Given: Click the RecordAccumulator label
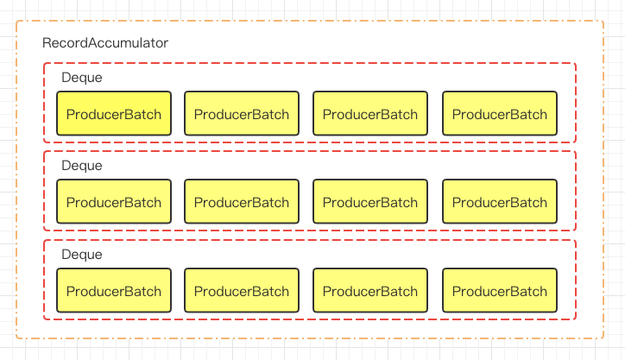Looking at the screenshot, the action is (105, 42).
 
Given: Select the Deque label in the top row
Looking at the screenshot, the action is (82, 78).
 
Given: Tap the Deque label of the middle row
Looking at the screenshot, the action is (82, 166).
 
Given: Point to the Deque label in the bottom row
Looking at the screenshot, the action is (82, 255).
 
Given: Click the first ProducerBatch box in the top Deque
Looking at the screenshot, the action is (114, 114).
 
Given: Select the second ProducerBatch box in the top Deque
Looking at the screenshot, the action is (242, 114).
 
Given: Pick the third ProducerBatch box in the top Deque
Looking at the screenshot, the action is (370, 114).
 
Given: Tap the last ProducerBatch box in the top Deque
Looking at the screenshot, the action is (500, 114).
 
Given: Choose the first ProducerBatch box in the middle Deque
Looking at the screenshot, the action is (114, 202).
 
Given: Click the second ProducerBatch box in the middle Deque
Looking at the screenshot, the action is (242, 202).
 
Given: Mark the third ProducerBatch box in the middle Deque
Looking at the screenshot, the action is (370, 202).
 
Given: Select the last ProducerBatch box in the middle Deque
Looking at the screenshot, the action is (500, 202).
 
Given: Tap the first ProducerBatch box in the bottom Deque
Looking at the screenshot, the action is (114, 291).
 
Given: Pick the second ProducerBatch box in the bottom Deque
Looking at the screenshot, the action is (242, 291).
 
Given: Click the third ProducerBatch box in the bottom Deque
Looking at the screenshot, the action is (370, 291).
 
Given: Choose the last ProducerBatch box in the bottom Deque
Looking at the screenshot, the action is (500, 291).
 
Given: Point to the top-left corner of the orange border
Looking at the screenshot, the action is (16, 21).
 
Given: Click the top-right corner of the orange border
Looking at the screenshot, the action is (603, 21).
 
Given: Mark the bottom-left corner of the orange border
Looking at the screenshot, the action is (16, 338).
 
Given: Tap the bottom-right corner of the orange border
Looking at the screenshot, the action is (603, 338).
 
